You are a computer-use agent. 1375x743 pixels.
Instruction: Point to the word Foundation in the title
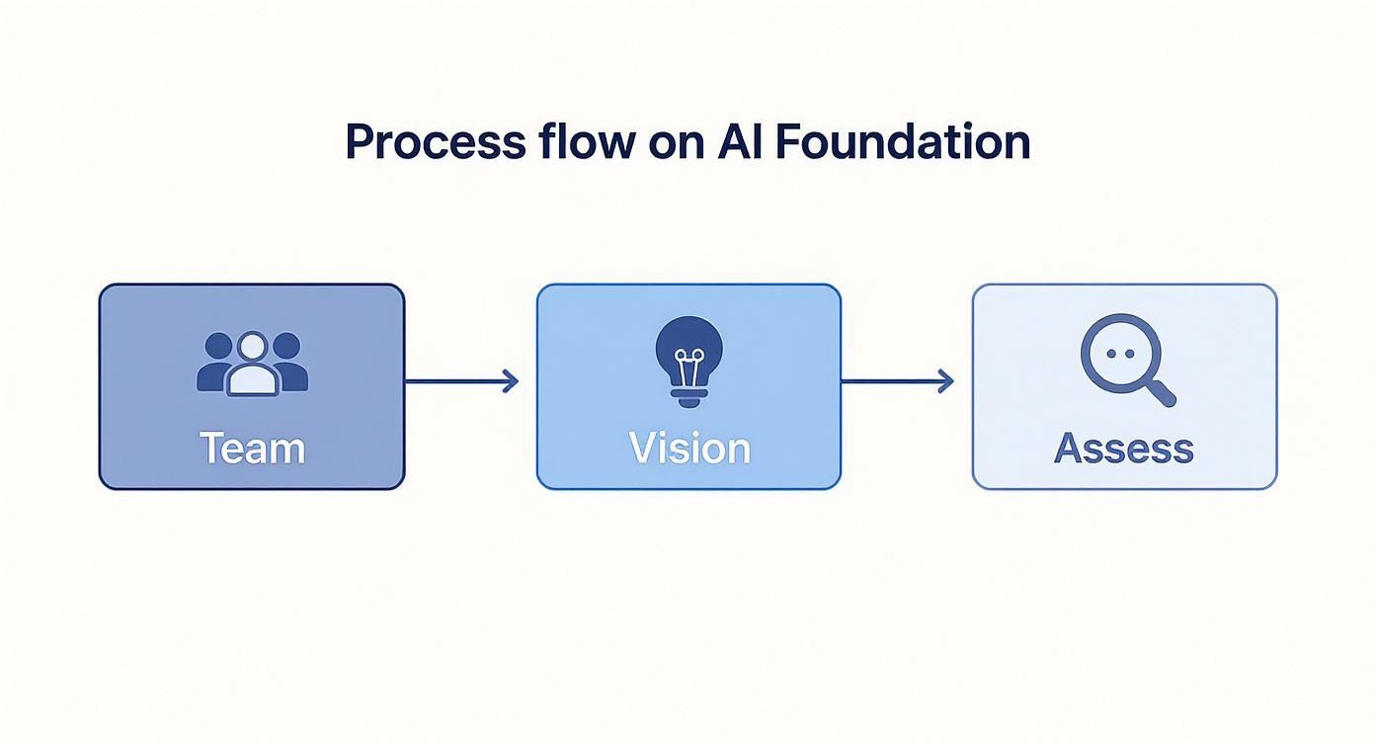[902, 142]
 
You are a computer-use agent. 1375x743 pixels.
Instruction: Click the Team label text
[252, 448]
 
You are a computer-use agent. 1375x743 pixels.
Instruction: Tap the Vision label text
[689, 448]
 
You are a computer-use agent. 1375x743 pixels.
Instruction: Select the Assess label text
[1124, 448]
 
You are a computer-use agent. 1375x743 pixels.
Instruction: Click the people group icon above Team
[252, 364]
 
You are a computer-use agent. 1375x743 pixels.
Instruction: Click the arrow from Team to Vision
[461, 381]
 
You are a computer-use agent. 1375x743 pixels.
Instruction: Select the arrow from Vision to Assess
[897, 381]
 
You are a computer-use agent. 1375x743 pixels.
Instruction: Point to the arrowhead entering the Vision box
[511, 381]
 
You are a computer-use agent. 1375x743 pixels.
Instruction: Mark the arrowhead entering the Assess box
[946, 381]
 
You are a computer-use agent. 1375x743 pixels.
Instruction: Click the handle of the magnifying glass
[1162, 392]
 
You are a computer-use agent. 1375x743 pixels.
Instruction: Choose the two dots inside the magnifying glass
[1118, 353]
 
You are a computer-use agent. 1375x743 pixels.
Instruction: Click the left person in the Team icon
[217, 364]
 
